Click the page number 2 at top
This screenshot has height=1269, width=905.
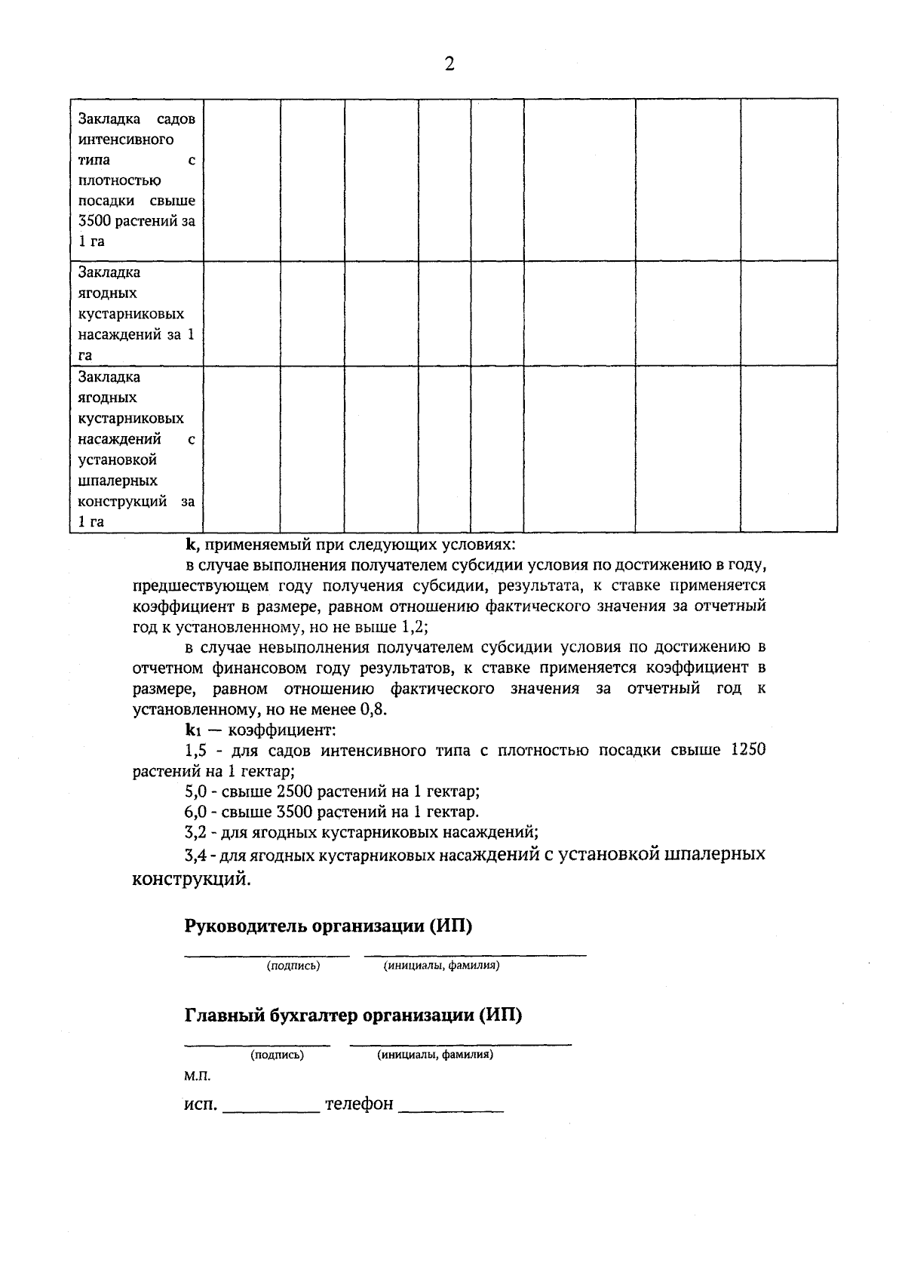click(449, 64)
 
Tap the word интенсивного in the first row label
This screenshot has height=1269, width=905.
click(126, 140)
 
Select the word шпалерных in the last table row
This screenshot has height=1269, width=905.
click(118, 481)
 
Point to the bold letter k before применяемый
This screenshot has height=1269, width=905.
click(191, 544)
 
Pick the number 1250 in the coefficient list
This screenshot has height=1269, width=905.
click(749, 751)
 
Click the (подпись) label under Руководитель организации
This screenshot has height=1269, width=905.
click(293, 966)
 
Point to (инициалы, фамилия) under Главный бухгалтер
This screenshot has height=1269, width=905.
click(435, 1055)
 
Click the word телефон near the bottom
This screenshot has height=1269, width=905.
click(359, 1105)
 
